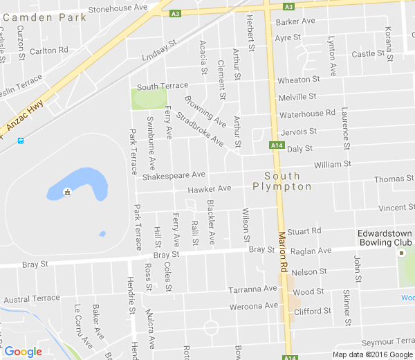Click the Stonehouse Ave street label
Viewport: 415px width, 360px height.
pos(118,8)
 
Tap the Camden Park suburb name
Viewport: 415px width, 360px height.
pos(46,17)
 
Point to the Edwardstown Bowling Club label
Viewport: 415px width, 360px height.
pos(385,238)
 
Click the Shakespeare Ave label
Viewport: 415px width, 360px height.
pos(174,176)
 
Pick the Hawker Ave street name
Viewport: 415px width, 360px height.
pos(210,189)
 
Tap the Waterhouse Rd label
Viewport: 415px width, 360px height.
pos(307,113)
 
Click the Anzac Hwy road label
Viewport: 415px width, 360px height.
pos(25,116)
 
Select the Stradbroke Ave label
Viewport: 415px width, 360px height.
pos(200,129)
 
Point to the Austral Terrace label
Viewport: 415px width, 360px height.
pos(32,299)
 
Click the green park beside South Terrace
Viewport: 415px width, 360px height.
pos(149,98)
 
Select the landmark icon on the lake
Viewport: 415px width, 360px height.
pos(67,192)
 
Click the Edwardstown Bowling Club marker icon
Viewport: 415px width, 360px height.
pos(400,253)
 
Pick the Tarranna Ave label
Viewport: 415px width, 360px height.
pos(254,289)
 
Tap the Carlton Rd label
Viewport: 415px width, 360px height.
pos(49,51)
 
